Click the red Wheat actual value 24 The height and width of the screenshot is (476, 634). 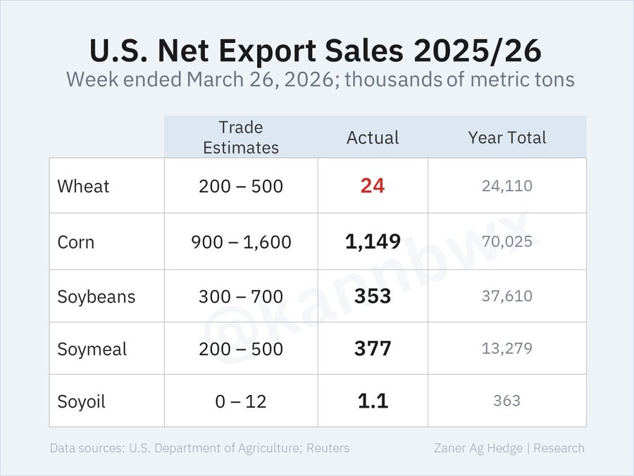[x=372, y=187]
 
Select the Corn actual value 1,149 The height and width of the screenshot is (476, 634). [x=373, y=242]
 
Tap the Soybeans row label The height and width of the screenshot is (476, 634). [x=96, y=296]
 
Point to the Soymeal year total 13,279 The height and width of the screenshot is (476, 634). [x=506, y=349]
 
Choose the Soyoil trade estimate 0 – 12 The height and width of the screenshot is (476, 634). [x=240, y=401]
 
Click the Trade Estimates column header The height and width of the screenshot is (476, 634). [x=240, y=137]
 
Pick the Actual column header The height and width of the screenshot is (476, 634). [x=373, y=138]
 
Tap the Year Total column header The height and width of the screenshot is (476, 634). [x=506, y=138]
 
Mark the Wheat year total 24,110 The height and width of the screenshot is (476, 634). [x=506, y=187]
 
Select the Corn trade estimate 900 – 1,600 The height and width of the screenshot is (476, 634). [x=240, y=242]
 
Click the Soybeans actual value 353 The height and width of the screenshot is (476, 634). [x=373, y=296]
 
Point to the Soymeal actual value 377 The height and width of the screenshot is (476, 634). [x=373, y=349]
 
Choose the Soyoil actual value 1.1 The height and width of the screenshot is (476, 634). [x=373, y=401]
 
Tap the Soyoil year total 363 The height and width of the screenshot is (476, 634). [x=506, y=401]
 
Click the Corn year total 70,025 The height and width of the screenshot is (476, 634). [x=506, y=242]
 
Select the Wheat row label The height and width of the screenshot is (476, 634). [x=83, y=187]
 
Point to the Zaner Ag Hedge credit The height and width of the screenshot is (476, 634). [x=479, y=448]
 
